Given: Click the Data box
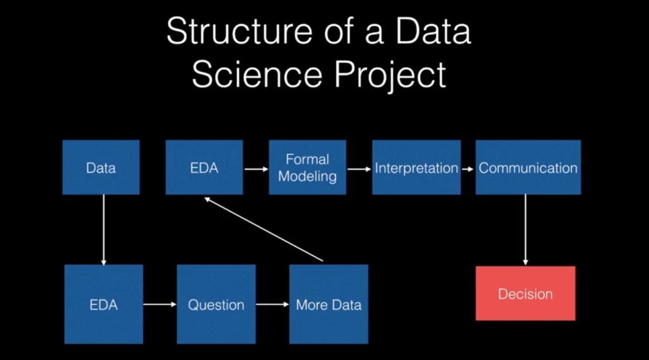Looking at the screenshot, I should coord(101,167).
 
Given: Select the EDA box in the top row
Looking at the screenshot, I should coord(204,167).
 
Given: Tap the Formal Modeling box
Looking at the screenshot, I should coord(307,167).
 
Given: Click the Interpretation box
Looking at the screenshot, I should coord(416,167).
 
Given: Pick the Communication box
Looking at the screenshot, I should coord(528,167).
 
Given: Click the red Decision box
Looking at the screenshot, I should coord(525,293).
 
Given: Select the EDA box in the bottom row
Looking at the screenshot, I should coord(103,304).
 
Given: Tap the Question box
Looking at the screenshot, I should coord(216,304).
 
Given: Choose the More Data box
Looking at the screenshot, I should coord(328,304).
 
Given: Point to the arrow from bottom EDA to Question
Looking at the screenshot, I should coord(160,305).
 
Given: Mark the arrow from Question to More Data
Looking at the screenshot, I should coord(273,305).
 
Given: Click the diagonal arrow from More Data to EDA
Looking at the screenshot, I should coord(264,229).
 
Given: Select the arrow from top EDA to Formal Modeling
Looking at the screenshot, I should coord(255,169).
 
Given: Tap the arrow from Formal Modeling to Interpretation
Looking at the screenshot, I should coord(359,169).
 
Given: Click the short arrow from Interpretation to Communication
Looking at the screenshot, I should coord(468,169).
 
